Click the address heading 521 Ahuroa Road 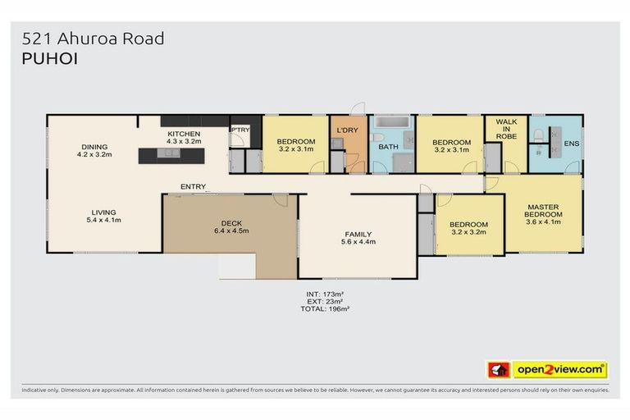pos(94,38)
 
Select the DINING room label pos(94,148)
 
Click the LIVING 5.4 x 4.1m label pos(103,215)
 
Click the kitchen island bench pos(171,153)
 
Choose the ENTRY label pos(193,187)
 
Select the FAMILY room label pos(358,238)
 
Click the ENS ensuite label pos(571,144)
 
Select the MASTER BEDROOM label pos(543,212)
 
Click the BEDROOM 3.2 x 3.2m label pos(469,228)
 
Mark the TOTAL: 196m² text pos(336,308)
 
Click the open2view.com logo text pos(560,369)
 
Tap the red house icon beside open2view pos(496,369)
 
